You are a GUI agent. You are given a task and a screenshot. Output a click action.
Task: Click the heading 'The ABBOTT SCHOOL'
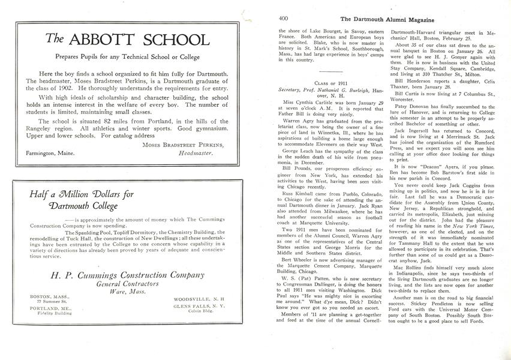click(128, 40)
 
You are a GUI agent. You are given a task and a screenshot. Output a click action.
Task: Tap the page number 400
click(284, 18)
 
